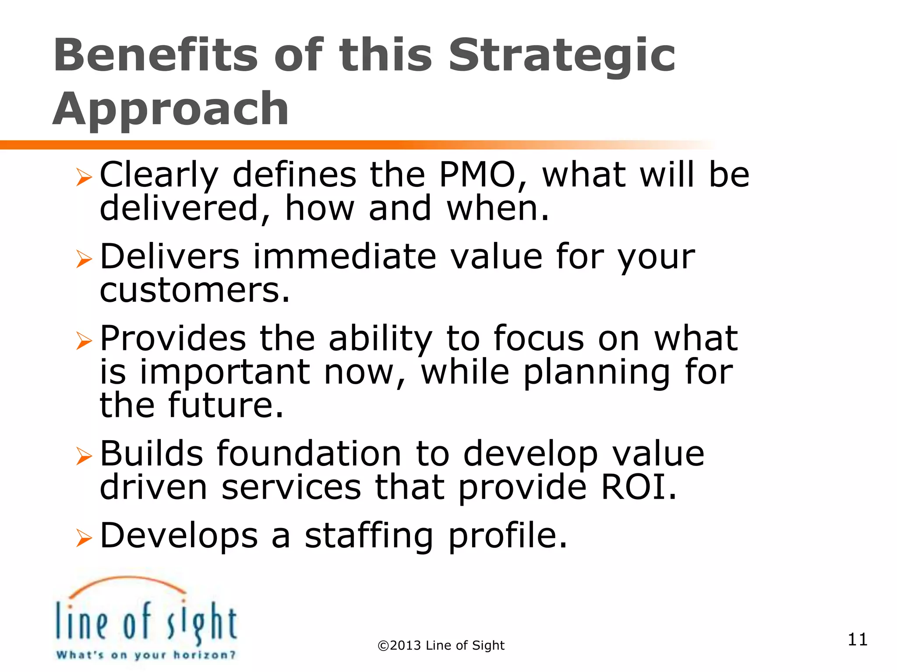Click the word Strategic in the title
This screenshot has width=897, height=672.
coord(562,57)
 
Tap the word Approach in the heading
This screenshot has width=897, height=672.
coord(171,109)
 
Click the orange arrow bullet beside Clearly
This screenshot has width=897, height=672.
coord(84,177)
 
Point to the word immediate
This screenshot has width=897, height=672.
coord(345,257)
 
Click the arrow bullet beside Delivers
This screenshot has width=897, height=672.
coord(84,259)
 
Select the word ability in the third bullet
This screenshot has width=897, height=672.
coord(380,339)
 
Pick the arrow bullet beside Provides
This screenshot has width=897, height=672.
coord(84,341)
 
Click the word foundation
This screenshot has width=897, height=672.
coord(309,454)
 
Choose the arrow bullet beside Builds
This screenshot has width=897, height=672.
coord(84,456)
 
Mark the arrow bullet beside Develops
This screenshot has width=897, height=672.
coord(84,538)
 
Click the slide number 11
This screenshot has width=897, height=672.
coord(857,640)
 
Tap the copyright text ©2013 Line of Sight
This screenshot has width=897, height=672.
coord(441,646)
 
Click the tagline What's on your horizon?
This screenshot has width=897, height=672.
coord(146,655)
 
